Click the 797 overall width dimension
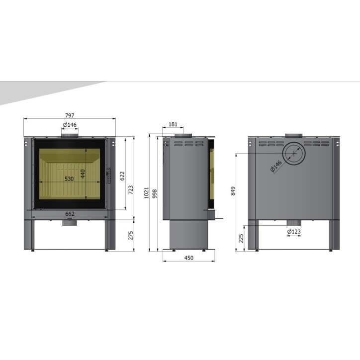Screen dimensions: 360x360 click(70, 115)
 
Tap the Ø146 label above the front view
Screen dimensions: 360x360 click(70, 125)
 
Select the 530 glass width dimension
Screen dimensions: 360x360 click(69, 179)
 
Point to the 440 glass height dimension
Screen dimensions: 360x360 click(83, 174)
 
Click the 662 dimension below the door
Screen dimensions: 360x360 click(70, 214)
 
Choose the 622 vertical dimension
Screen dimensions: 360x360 click(122, 176)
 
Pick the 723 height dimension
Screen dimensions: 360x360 click(131, 190)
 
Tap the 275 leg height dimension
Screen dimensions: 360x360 click(131, 236)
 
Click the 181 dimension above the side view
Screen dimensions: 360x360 click(173, 124)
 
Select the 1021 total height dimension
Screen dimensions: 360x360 click(146, 193)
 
